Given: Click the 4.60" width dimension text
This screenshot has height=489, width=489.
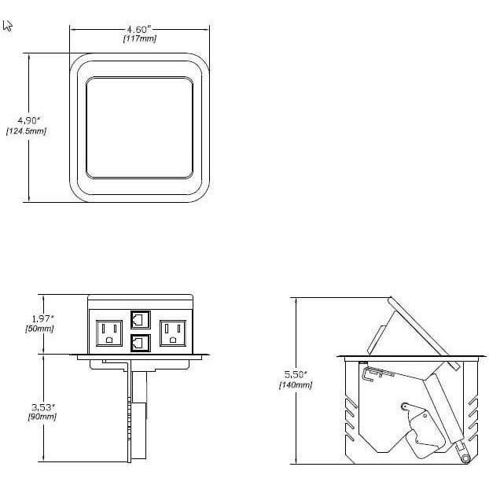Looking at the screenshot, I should (x=139, y=29).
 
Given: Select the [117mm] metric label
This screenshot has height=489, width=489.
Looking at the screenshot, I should (x=139, y=39).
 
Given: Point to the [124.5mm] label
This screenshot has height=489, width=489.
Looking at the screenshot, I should (x=26, y=131).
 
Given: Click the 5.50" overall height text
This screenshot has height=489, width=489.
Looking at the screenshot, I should (x=295, y=374).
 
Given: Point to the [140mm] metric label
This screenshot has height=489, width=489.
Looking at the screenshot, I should (x=295, y=385).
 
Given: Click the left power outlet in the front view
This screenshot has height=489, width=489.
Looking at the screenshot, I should (x=109, y=333).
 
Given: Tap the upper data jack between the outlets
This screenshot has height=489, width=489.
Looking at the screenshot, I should (x=141, y=319).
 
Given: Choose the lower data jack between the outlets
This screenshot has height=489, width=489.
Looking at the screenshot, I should (x=141, y=343).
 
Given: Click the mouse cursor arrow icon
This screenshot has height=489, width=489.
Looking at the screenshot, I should (x=8, y=26).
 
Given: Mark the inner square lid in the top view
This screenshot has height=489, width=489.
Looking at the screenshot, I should (x=140, y=127).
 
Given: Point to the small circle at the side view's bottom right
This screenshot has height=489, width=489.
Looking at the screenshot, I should (x=464, y=458).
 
